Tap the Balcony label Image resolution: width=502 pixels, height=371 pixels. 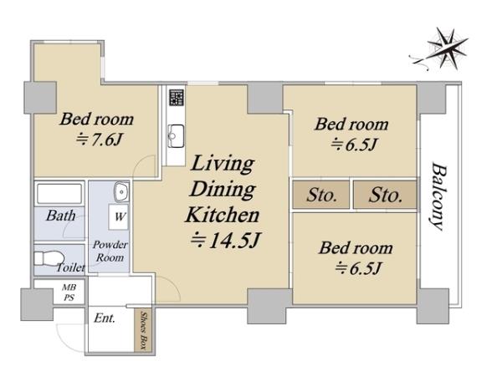pos(438,196)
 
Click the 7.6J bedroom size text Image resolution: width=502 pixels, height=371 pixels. pos(100,140)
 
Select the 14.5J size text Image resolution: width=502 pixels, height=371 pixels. pos(226,240)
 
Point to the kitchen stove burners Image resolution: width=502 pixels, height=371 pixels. pos(177,97)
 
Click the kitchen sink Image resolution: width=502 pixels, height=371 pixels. pos(176,136)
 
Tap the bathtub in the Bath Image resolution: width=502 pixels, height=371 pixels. pos(59,194)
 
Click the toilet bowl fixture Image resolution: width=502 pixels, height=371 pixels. pos(48,258)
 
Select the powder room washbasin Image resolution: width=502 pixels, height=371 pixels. pos(121,192)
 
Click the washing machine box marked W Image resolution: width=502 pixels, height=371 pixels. pos(119,216)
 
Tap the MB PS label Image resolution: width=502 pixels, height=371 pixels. pos(69,292)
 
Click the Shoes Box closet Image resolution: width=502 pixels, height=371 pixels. pos(143,331)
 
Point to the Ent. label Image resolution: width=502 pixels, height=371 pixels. pos(105,318)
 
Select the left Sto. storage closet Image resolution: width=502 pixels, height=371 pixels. pos(321,195)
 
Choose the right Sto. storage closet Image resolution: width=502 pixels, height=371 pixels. pos(385,195)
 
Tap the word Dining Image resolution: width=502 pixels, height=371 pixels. pos(223,189)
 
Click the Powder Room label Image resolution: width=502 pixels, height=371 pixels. pos(110,251)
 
